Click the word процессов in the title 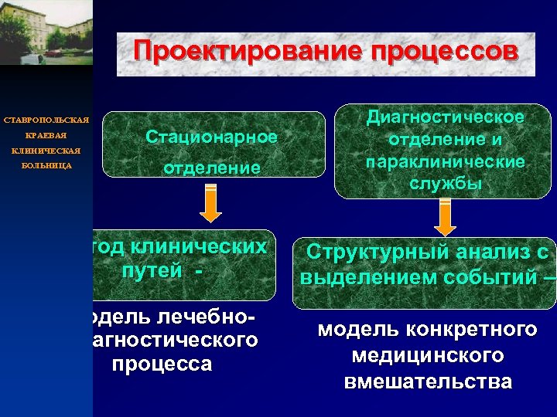coord(443,53)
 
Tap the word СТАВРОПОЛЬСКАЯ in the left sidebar coord(46,120)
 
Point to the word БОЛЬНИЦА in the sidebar coord(46,166)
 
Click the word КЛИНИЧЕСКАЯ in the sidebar coord(46,151)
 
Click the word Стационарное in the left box coord(211,137)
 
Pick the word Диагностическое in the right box coord(445,117)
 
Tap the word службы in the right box coord(445,184)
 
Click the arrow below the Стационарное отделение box coord(210,206)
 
